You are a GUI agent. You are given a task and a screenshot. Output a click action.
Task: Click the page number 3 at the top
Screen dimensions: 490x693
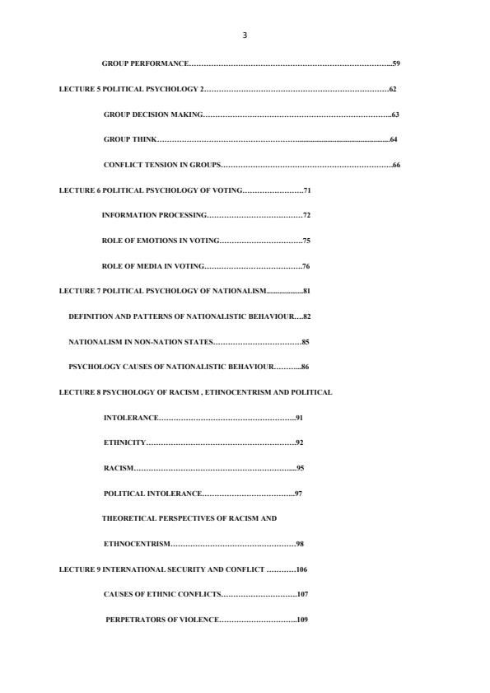(245, 35)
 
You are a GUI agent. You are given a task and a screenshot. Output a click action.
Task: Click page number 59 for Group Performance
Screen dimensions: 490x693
(396, 63)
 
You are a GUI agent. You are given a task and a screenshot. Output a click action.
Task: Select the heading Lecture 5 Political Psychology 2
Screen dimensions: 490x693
(132, 88)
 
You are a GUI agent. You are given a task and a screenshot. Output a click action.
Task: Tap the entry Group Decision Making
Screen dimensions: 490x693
(152, 114)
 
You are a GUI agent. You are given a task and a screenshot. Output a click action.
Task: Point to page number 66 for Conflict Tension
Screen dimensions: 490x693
(396, 165)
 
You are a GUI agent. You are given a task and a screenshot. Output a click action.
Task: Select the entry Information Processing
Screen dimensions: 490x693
(154, 215)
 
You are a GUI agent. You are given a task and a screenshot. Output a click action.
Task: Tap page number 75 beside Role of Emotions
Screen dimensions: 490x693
(306, 241)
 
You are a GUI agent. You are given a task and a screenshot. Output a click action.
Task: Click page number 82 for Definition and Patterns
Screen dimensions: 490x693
(306, 316)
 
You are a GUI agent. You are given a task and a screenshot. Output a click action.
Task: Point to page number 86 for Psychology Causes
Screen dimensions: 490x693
(305, 367)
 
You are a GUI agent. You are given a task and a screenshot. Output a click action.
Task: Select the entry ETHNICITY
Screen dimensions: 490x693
(124, 442)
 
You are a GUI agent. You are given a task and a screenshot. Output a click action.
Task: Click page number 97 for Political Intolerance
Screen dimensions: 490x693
(299, 494)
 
